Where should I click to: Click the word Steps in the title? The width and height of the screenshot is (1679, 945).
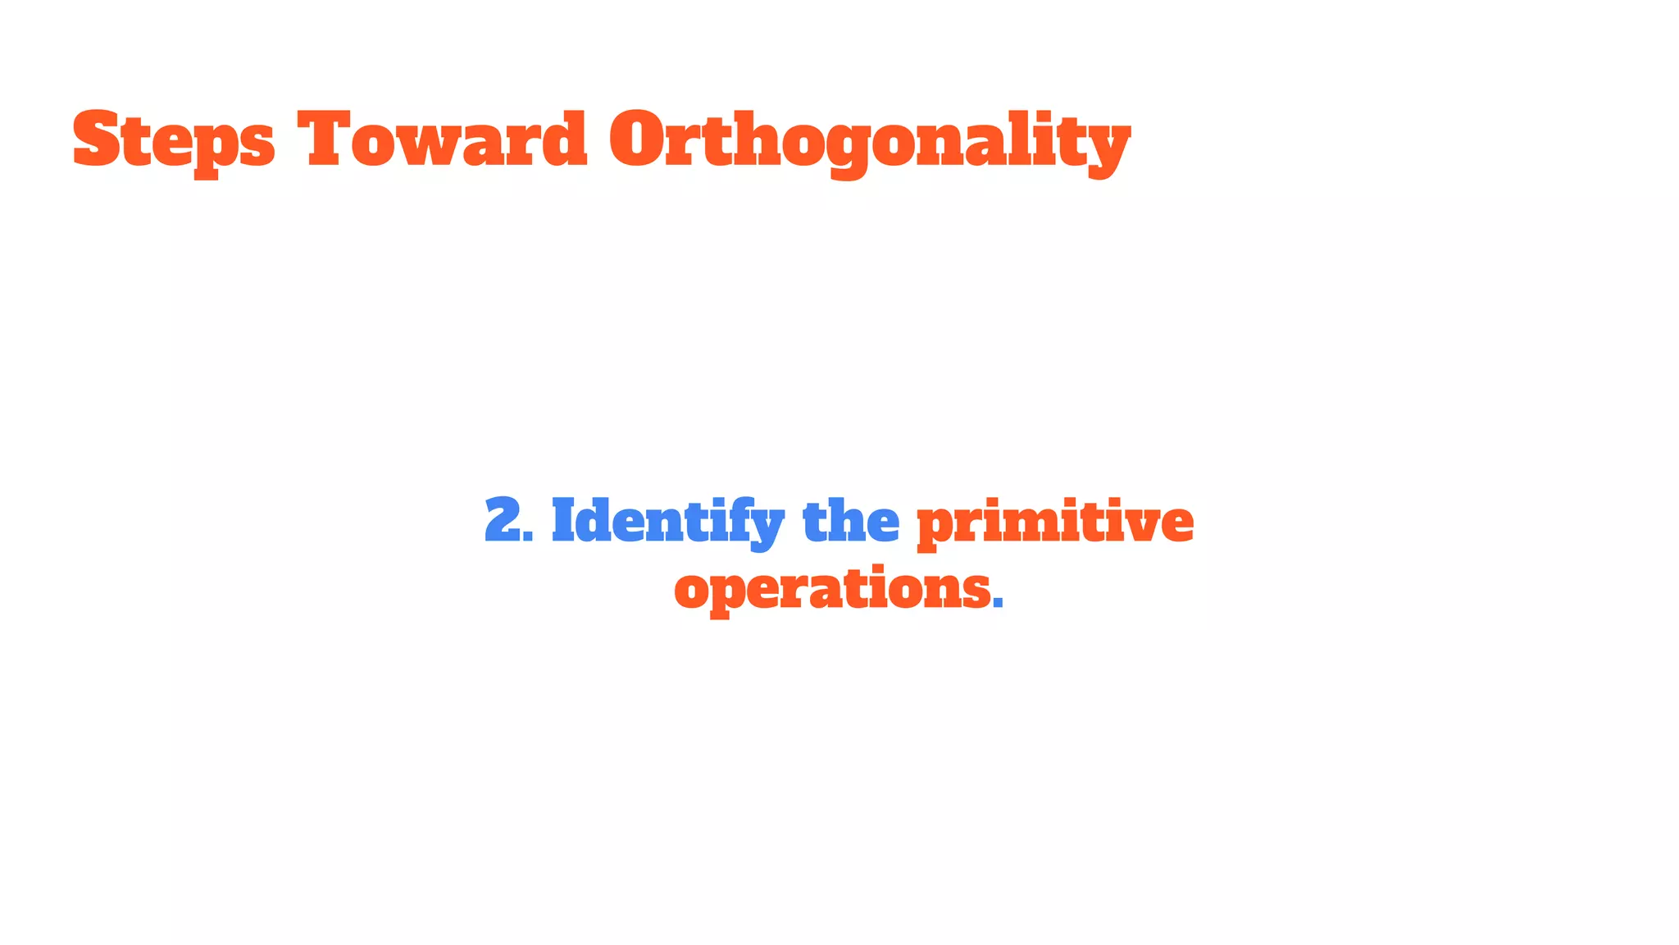click(x=174, y=141)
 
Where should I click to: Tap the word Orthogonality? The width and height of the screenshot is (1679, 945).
click(x=869, y=141)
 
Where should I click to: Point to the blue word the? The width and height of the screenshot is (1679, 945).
click(x=850, y=522)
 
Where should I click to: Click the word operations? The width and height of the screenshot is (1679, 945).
click(x=832, y=589)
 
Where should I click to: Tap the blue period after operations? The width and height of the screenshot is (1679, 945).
click(x=998, y=603)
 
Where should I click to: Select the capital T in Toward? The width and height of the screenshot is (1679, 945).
click(x=328, y=139)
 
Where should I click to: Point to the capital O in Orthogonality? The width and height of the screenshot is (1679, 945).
click(x=642, y=139)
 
